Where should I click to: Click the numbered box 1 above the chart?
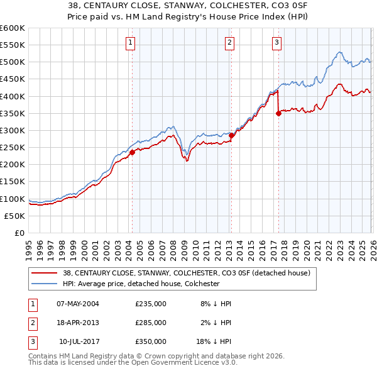click(129, 43)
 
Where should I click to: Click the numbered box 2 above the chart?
click(229, 43)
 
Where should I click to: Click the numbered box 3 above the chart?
click(276, 43)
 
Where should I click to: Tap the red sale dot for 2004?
click(133, 152)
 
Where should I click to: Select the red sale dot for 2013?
click(231, 135)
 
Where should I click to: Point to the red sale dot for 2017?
click(278, 113)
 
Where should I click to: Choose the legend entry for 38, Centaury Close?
click(186, 273)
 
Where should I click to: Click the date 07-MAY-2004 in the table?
click(78, 304)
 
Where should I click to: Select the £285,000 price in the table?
click(151, 323)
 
